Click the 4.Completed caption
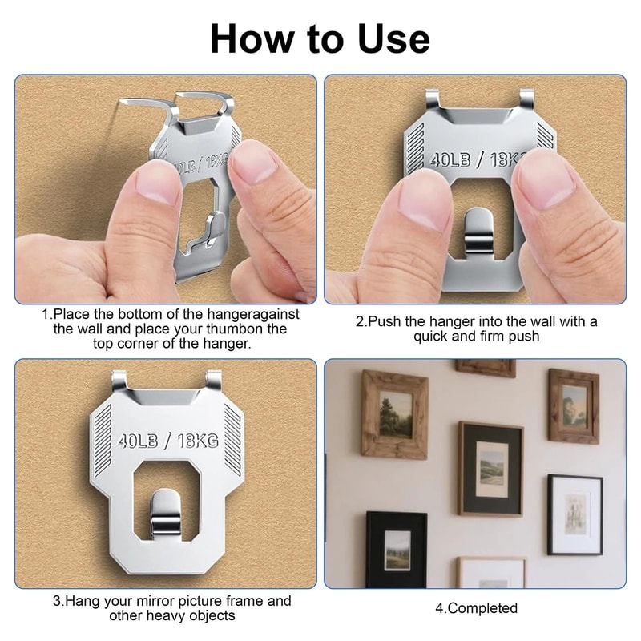point(476,607)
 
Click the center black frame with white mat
point(490,468)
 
